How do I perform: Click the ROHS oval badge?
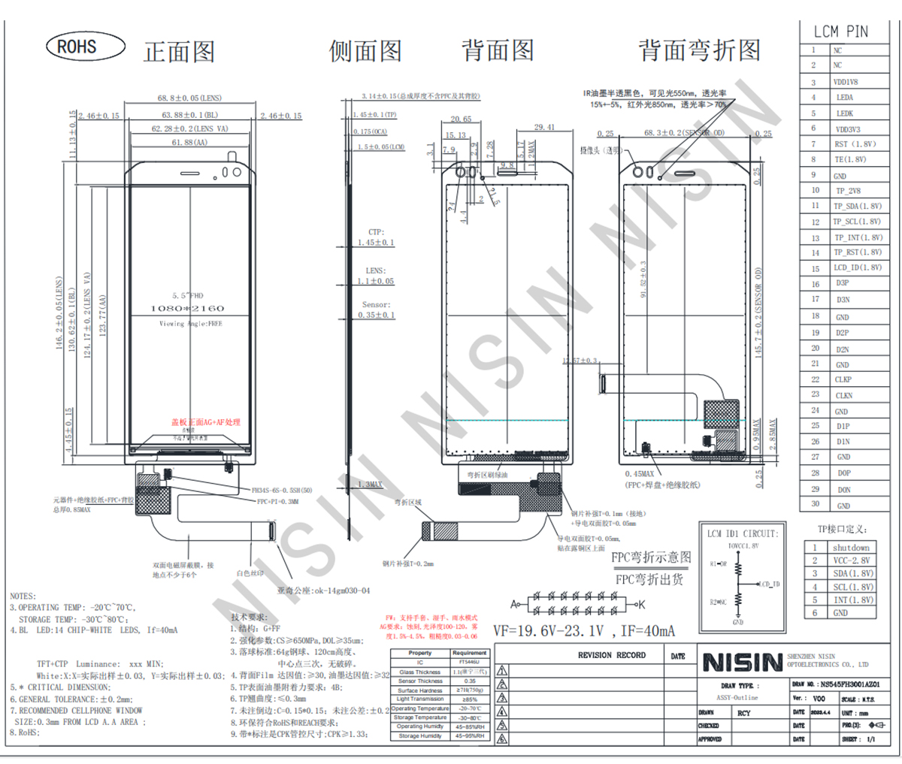point(84,47)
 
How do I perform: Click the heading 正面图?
point(179,51)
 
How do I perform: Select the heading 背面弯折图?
point(699,50)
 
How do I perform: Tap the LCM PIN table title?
point(840,32)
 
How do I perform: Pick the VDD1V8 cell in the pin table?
point(845,82)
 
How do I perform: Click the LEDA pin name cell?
point(844,98)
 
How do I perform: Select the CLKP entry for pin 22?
point(843,380)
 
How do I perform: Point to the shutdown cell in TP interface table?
point(850,548)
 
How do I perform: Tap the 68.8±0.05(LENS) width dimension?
point(189,98)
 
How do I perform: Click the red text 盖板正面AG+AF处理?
point(205,422)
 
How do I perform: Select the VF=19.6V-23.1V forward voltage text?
point(583,631)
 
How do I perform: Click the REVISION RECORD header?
point(611,655)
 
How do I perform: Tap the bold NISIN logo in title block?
point(743,663)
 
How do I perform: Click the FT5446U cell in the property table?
point(469,663)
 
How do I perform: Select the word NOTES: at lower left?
point(23,596)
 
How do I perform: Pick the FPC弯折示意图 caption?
point(650,557)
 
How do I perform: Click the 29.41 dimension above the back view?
point(544,128)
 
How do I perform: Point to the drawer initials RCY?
point(743,713)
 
